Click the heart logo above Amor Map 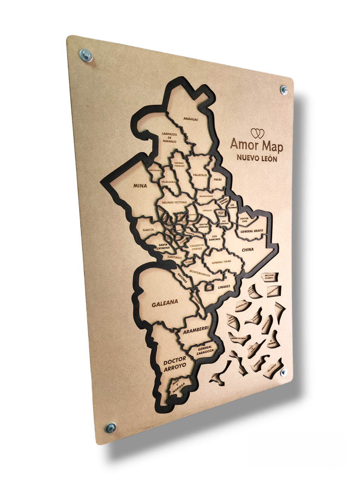tap(257, 134)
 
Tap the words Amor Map tap(256, 145)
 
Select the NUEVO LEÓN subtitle tap(257, 158)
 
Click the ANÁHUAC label tap(191, 119)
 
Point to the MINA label tap(140, 186)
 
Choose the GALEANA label tap(165, 303)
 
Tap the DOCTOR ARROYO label tap(175, 364)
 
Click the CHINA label tap(247, 250)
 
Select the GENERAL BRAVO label tap(252, 231)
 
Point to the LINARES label tap(224, 287)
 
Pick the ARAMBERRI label tap(196, 330)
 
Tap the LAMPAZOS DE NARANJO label tap(169, 137)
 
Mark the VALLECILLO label tap(200, 175)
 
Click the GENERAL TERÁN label tap(221, 262)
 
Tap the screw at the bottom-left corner tap(111, 428)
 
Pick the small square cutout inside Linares tap(209, 288)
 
